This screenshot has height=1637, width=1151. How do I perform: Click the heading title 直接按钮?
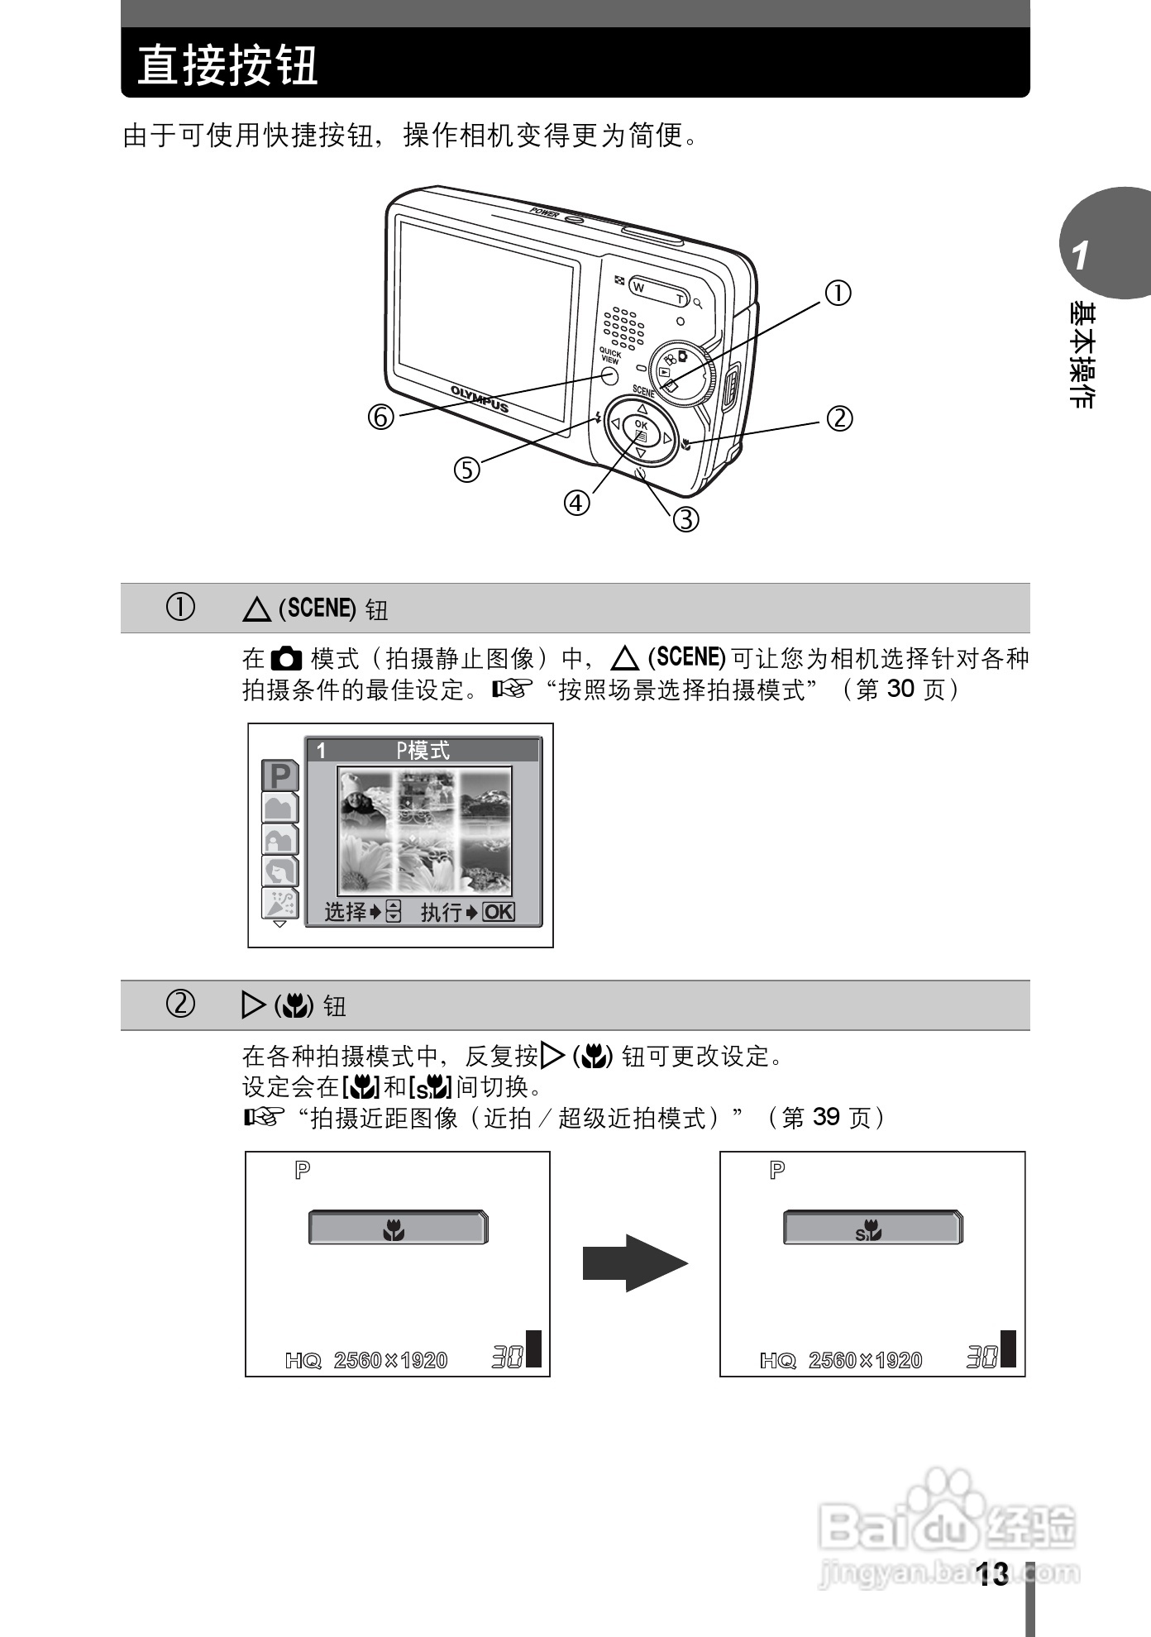(x=227, y=65)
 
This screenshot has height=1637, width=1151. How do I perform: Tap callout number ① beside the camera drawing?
(x=838, y=293)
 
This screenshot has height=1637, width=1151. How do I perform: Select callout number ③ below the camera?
(x=685, y=519)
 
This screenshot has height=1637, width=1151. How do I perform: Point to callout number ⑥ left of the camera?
(x=381, y=418)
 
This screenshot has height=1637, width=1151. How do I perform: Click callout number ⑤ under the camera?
(x=466, y=470)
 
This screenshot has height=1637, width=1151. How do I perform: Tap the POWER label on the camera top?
(x=545, y=211)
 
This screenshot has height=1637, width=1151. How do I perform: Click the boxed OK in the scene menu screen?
(x=499, y=912)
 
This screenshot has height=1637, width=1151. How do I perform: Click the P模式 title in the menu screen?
(x=423, y=750)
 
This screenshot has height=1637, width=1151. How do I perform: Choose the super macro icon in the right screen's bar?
(x=869, y=1232)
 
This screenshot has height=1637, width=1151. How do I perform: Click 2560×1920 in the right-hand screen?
(x=865, y=1360)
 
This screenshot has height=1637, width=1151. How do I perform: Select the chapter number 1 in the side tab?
(x=1080, y=256)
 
